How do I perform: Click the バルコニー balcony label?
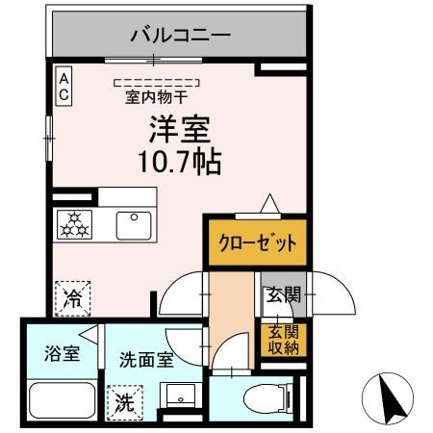tap(180, 37)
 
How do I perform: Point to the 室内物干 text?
tap(156, 97)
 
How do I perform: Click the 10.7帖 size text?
tap(180, 161)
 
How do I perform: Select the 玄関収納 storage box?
tap(283, 339)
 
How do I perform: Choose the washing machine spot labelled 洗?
tap(123, 401)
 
